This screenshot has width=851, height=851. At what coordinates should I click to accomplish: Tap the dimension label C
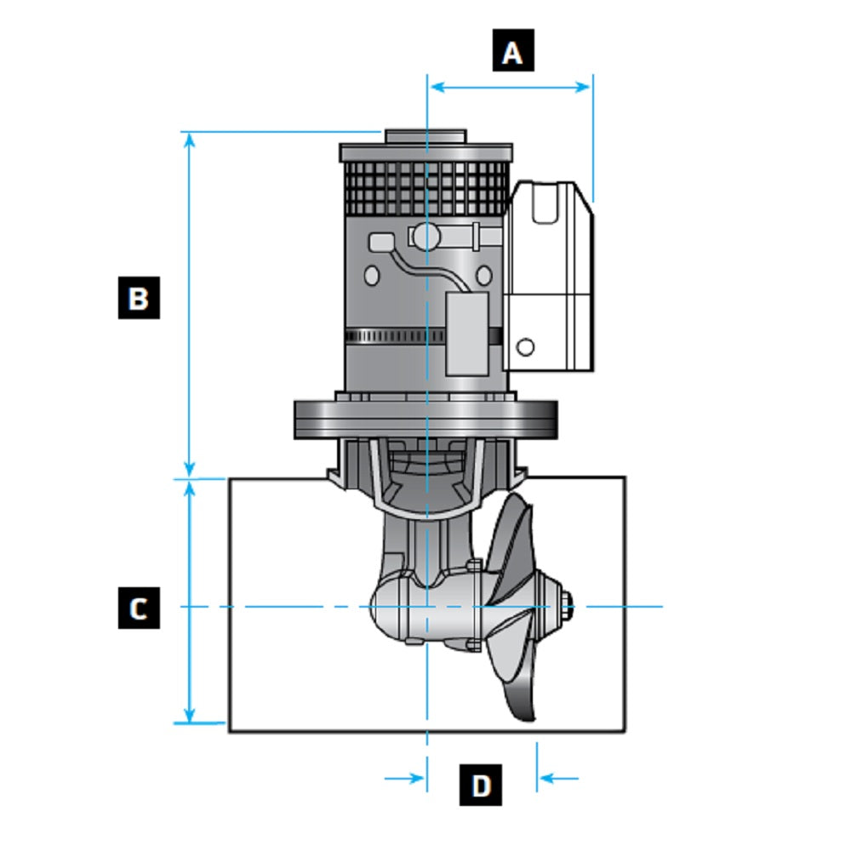point(139,608)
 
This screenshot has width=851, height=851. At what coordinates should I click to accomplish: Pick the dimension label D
point(481,785)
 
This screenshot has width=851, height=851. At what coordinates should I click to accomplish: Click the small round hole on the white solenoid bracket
point(526,346)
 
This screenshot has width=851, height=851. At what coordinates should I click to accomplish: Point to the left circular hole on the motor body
point(372,276)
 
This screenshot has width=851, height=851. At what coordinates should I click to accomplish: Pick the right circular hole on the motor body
point(483,275)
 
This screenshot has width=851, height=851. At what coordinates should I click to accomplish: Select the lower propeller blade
point(519,681)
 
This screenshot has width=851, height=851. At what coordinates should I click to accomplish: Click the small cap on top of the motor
point(425,136)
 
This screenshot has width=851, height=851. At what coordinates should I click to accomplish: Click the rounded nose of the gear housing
point(380,606)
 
